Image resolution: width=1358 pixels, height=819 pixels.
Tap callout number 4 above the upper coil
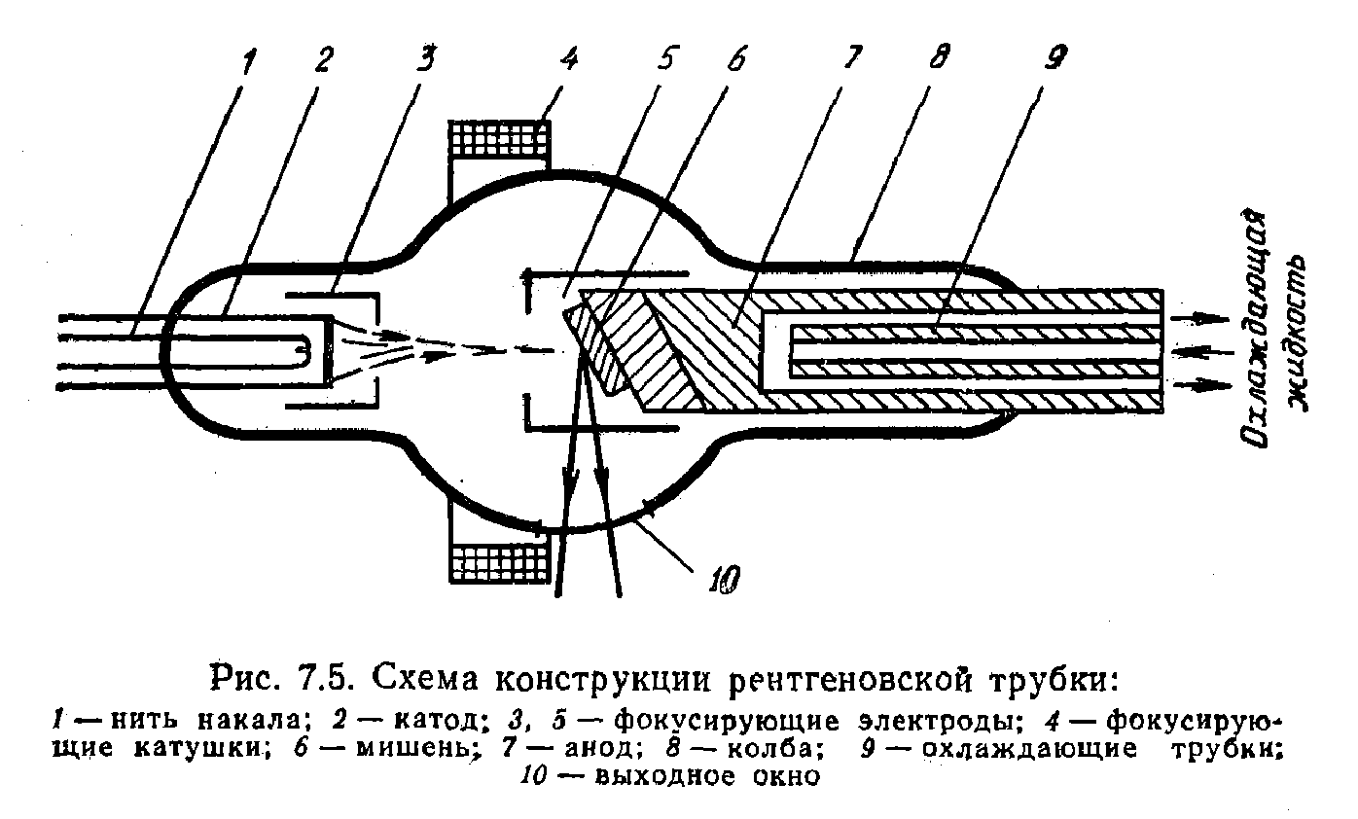569,58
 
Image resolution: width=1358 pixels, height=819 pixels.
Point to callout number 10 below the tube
725,580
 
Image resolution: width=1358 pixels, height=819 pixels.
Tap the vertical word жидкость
1298,335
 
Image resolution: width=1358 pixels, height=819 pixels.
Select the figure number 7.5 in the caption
323,679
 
